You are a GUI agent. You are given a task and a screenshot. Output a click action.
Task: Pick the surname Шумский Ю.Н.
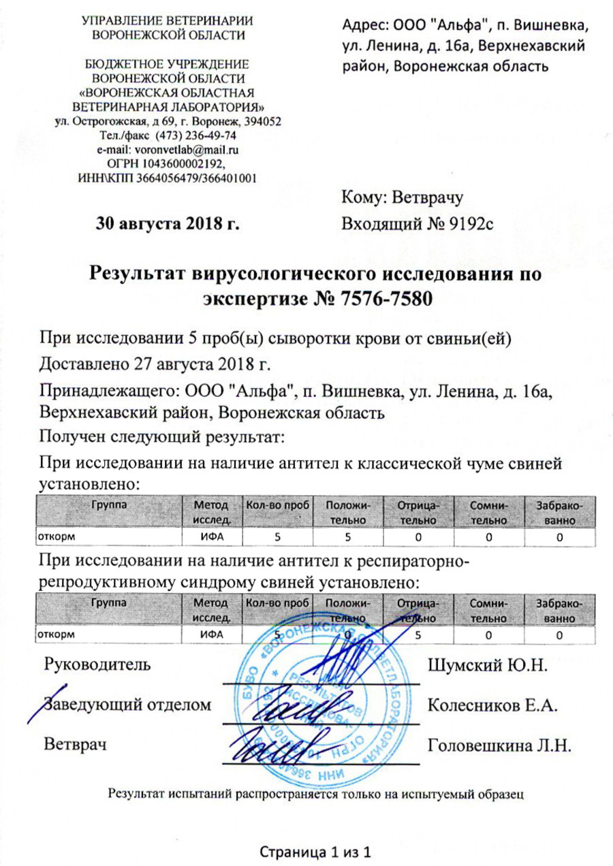coord(487,664)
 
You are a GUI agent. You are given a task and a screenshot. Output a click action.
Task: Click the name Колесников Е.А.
coord(492,705)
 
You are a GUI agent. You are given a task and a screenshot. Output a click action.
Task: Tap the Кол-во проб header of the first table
coord(277,504)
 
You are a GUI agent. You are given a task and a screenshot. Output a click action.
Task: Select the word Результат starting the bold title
coord(140,276)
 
